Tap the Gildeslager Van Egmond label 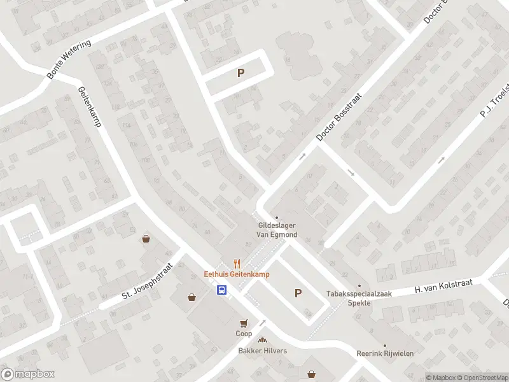tap(277, 230)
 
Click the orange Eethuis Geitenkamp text tap(237, 274)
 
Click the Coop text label tap(244, 334)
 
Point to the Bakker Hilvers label tap(262, 351)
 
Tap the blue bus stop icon tap(221, 290)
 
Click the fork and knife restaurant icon tap(237, 263)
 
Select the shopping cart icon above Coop tap(244, 323)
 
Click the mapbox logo tap(27, 374)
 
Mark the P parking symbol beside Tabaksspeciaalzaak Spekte tap(297, 293)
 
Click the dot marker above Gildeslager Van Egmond tap(276, 218)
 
